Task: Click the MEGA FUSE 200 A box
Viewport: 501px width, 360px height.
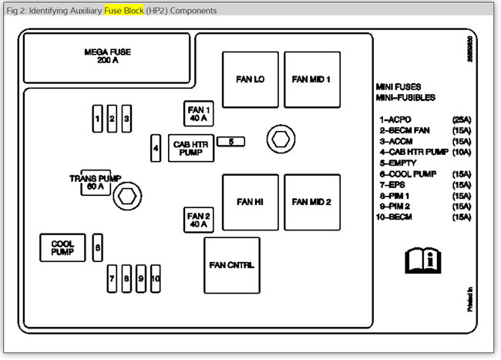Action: (107, 56)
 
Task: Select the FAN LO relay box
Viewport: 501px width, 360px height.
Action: (250, 79)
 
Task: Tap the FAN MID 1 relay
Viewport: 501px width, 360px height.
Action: (311, 79)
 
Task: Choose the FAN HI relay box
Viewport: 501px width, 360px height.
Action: (250, 202)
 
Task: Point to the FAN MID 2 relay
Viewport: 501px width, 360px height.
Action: (311, 202)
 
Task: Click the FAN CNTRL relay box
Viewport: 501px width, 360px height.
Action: (231, 265)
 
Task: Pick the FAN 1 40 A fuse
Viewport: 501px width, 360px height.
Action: (199, 114)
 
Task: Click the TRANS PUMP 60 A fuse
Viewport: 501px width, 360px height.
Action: (96, 183)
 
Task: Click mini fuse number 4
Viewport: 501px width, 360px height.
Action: (156, 147)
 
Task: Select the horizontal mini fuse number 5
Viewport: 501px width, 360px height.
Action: (231, 141)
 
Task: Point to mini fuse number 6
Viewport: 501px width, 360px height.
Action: (97, 247)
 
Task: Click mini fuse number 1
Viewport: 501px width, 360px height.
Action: (97, 119)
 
